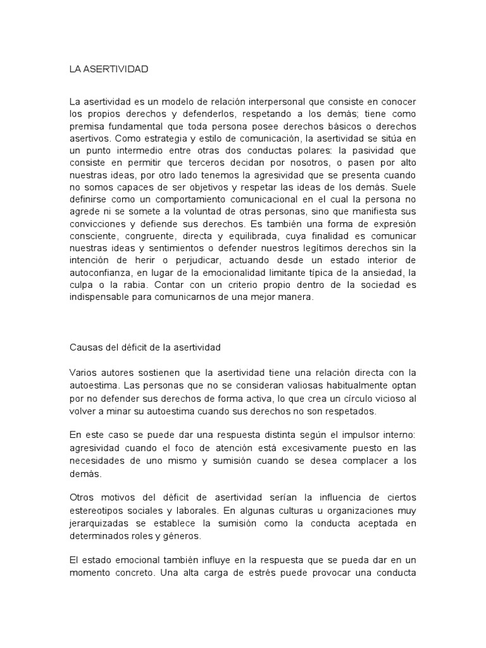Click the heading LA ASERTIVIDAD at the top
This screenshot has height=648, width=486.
(108, 69)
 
